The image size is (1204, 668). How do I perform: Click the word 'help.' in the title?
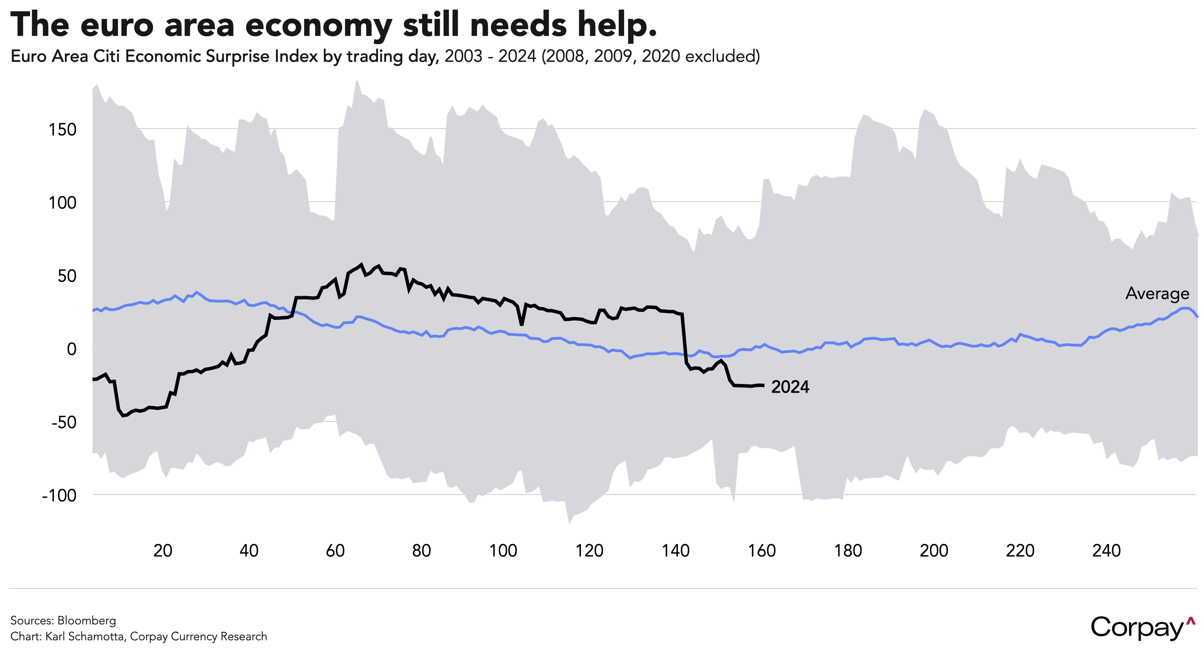tap(617, 24)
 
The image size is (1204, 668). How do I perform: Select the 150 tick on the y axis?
tap(62, 130)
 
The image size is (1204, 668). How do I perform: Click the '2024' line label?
tap(790, 387)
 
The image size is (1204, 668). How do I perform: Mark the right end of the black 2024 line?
tap(763, 385)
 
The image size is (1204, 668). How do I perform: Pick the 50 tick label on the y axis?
tap(67, 276)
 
